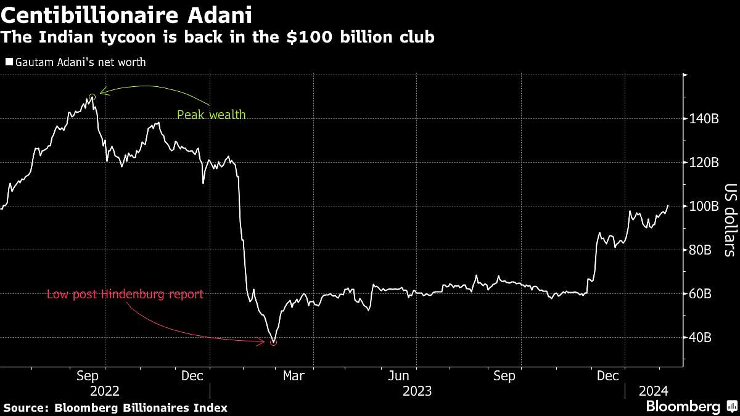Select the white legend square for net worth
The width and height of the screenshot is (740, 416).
(x=8, y=62)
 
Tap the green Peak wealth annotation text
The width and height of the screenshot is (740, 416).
(x=211, y=115)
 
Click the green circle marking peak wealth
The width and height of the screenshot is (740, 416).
(x=92, y=97)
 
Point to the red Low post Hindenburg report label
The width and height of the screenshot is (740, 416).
(x=125, y=295)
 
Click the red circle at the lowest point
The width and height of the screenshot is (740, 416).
(x=273, y=342)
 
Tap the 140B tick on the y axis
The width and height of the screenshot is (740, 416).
(x=704, y=119)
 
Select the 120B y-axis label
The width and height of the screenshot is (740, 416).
(x=704, y=163)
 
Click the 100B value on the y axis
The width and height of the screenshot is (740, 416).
(x=704, y=206)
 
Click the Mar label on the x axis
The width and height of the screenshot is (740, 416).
(x=294, y=376)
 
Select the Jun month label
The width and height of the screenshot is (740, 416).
(x=399, y=376)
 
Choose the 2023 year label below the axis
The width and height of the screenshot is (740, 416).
(x=417, y=391)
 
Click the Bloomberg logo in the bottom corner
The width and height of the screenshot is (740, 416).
(x=683, y=407)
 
